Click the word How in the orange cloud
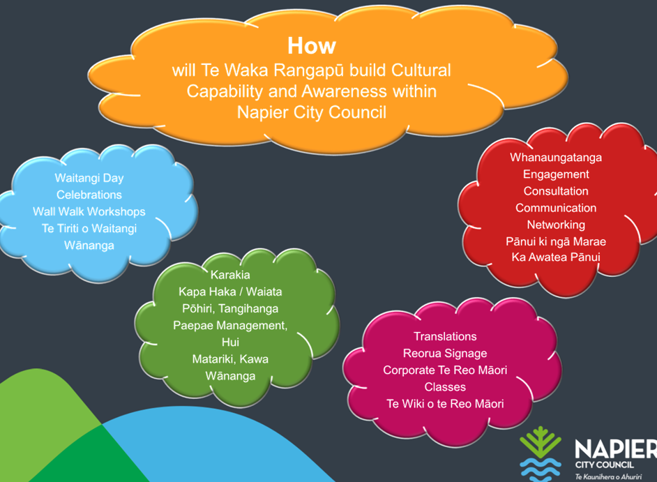pos(312,46)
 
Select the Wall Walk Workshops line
pos(89,211)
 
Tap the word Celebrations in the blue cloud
pos(89,195)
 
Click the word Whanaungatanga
pos(556,157)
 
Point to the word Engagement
pos(556,174)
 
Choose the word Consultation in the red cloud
pos(556,190)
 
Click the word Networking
pos(556,225)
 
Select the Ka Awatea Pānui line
pos(556,258)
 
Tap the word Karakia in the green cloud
pos(230,275)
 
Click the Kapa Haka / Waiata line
pos(230,292)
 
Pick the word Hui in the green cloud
pos(230,342)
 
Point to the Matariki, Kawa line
pos(230,359)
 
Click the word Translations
pos(445,336)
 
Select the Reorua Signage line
pos(445,353)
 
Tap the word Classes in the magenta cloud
pos(445,386)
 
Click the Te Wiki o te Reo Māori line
pos(445,403)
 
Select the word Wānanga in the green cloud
pos(230,375)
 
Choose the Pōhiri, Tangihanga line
pos(230,308)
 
